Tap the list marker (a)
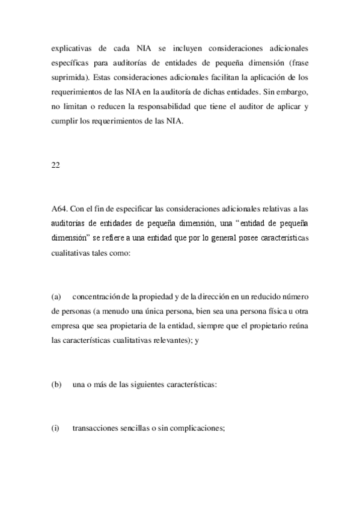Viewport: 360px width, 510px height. click(x=57, y=297)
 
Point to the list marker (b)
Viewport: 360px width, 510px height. click(x=57, y=385)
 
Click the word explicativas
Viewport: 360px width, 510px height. click(x=72, y=48)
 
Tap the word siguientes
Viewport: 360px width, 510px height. click(x=150, y=385)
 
